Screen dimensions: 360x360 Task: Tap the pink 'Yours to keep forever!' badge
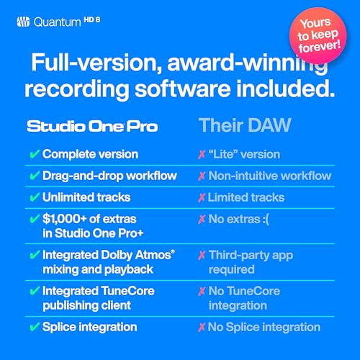316,32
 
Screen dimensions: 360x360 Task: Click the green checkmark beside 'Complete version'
33,154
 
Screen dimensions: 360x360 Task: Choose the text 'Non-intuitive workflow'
269,176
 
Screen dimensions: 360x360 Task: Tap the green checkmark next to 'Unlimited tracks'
33,197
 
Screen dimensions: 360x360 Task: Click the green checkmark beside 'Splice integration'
33,327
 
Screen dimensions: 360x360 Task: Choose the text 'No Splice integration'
264,327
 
